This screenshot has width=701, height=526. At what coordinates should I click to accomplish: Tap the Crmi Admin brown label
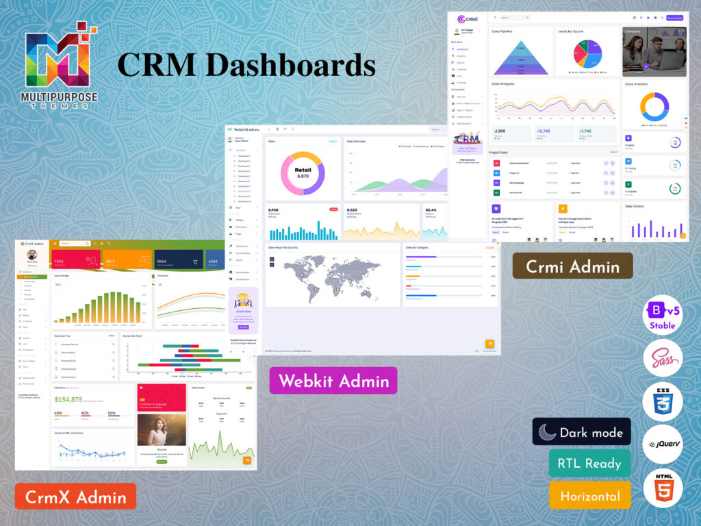click(572, 266)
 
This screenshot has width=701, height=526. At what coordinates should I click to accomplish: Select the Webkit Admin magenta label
click(333, 380)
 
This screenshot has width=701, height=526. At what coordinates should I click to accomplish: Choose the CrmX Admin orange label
click(75, 495)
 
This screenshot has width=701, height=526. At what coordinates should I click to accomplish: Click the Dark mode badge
click(581, 432)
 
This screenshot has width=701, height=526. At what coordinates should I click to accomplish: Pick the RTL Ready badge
click(589, 464)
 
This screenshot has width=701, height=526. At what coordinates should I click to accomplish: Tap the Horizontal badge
click(589, 495)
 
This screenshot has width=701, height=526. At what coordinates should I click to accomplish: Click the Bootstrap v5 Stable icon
click(662, 316)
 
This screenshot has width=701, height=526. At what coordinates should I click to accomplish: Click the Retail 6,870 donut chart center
click(303, 173)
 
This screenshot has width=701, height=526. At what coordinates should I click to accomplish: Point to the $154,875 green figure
click(68, 399)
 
